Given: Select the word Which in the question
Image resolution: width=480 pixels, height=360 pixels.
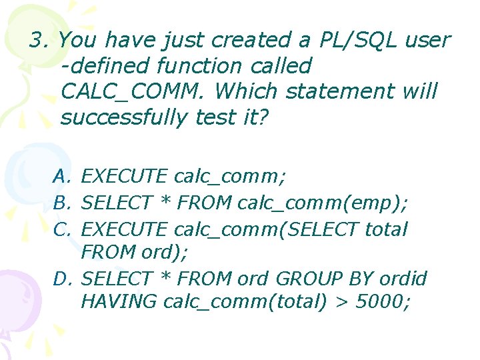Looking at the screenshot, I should coord(248,92).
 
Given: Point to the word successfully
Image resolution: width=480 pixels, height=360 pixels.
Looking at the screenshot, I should coord(124,117).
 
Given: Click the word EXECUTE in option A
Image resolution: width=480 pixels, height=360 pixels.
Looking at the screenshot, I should coord(124,177).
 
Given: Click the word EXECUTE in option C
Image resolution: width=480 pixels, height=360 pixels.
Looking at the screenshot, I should coord(124,229).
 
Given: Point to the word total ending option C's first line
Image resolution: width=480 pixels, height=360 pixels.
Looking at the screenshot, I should coord(387,229).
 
